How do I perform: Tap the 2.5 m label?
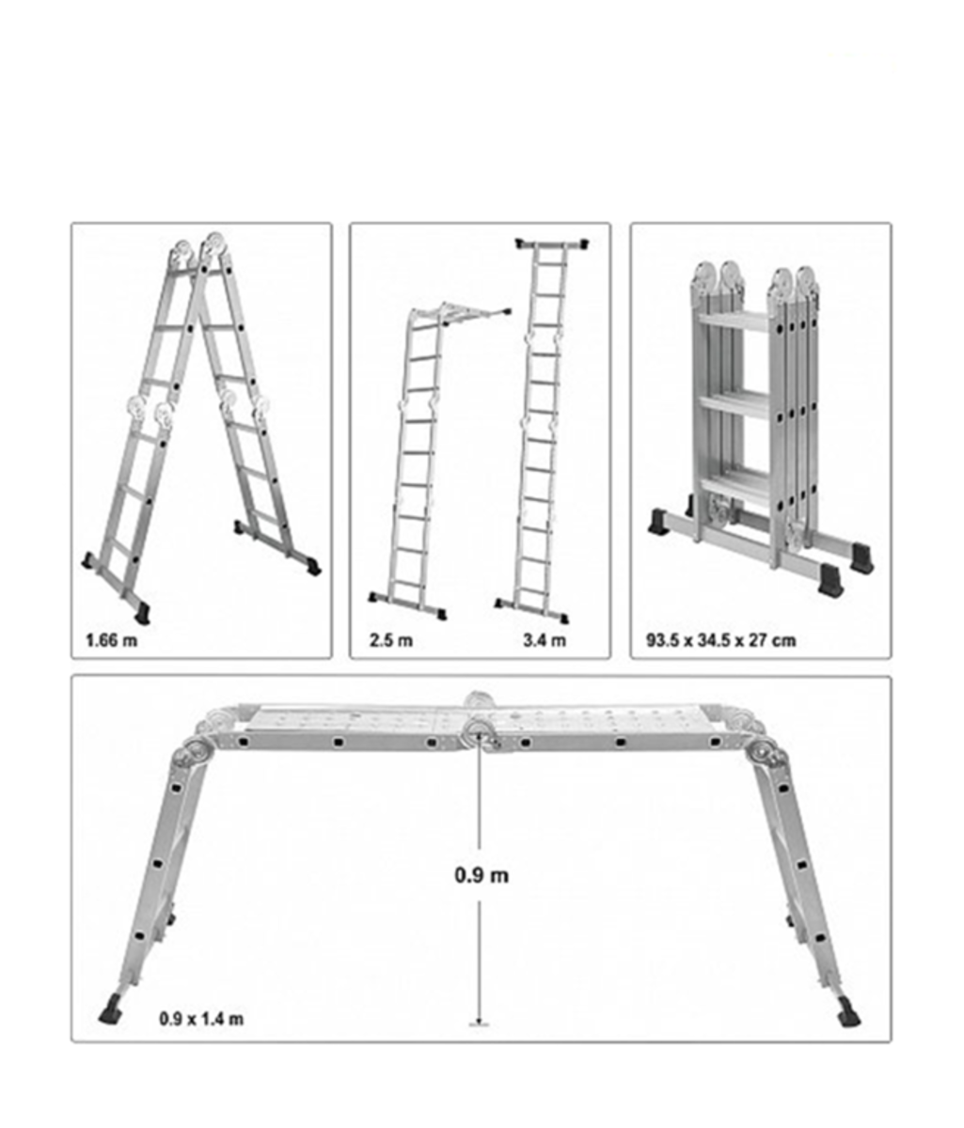(391, 642)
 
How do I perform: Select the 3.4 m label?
(545, 642)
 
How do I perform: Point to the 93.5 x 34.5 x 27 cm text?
(720, 641)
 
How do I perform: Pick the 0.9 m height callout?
(482, 875)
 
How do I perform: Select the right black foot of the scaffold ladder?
(848, 1015)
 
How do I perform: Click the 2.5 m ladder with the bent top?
(414, 461)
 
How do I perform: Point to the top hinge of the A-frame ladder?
(199, 250)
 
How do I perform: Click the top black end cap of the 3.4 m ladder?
(553, 244)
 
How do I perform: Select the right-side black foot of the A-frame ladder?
(312, 567)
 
